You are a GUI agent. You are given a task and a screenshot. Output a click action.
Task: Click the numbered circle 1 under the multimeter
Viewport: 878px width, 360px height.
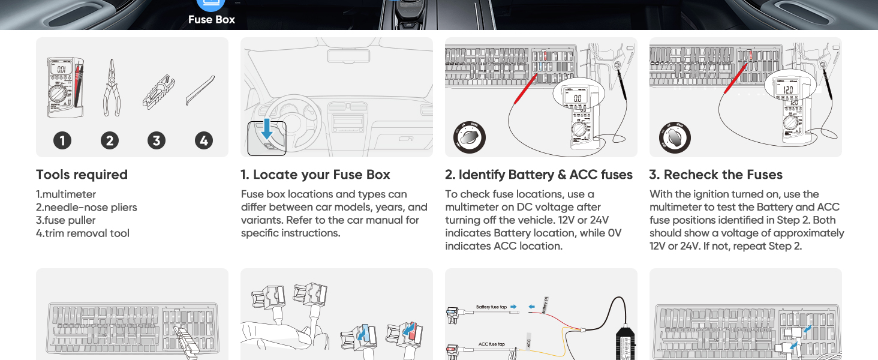click(x=62, y=140)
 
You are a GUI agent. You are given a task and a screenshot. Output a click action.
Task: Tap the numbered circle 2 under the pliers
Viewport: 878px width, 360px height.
click(x=109, y=140)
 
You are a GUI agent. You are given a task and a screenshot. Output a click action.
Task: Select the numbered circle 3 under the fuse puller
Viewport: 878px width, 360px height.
click(x=157, y=140)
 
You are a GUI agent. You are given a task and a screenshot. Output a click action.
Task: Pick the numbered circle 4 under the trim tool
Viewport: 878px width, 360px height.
click(x=204, y=140)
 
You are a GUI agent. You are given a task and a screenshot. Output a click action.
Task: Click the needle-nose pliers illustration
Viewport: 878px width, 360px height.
click(x=111, y=88)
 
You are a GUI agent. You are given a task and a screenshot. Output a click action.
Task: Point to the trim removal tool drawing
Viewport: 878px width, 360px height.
click(x=199, y=91)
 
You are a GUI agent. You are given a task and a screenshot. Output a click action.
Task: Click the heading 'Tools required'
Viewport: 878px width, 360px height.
click(x=82, y=175)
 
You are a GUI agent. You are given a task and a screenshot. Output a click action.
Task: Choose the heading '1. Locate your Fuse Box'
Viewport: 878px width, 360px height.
click(x=315, y=175)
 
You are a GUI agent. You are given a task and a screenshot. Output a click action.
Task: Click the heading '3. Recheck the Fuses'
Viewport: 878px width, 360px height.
click(x=715, y=175)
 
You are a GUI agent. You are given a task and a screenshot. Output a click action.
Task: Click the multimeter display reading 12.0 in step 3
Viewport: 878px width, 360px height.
click(x=789, y=89)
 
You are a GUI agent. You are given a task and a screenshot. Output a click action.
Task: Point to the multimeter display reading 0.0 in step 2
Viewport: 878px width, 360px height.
click(x=577, y=98)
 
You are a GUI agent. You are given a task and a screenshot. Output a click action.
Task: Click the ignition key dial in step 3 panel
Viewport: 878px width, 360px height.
click(x=674, y=138)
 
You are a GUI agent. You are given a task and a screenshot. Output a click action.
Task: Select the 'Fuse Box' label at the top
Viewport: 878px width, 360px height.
click(x=211, y=19)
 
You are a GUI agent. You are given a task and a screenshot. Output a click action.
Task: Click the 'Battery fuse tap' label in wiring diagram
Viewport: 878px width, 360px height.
click(x=491, y=307)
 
